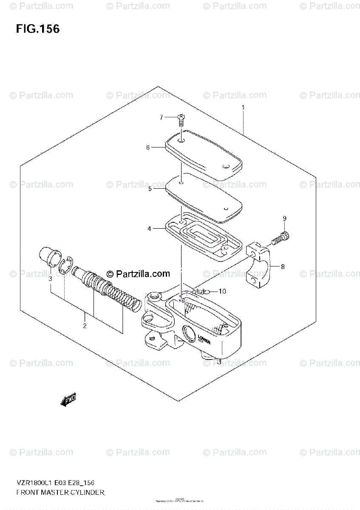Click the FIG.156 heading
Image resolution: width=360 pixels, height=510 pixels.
tap(38, 29)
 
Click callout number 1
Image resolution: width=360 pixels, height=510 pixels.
tap(243, 108)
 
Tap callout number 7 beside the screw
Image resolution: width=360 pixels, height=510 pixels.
tap(161, 117)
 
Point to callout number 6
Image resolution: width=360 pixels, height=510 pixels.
tap(148, 148)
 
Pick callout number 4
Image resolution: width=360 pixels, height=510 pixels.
tap(149, 229)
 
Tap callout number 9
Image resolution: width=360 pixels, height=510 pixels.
tap(285, 218)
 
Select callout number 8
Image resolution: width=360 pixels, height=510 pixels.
tap(283, 267)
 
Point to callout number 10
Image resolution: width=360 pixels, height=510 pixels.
tap(223, 291)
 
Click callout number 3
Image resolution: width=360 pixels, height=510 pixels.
tap(50, 279)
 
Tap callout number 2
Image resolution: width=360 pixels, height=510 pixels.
tap(85, 326)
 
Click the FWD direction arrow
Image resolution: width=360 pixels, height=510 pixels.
tap(68, 399)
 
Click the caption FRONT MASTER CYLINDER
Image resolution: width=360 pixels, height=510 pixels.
tap(60, 493)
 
